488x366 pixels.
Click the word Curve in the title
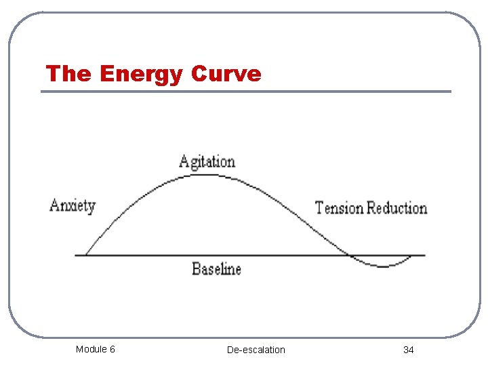click(x=226, y=73)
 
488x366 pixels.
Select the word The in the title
click(x=68, y=73)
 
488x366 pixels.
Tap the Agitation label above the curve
click(x=207, y=162)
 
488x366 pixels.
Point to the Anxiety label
click(x=73, y=205)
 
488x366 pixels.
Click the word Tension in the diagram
click(x=340, y=207)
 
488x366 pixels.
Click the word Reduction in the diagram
click(x=397, y=207)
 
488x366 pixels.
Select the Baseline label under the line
click(x=216, y=269)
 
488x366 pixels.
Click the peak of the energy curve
click(x=203, y=175)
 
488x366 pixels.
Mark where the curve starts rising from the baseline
click(x=85, y=255)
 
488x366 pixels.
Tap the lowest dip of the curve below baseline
click(x=383, y=266)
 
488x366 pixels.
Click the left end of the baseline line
click(x=76, y=256)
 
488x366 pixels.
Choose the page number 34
click(x=408, y=350)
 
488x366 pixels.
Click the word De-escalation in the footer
click(x=256, y=350)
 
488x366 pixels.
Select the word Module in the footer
click(x=91, y=349)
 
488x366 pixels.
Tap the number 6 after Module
click(x=112, y=349)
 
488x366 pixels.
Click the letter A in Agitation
click(x=184, y=162)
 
